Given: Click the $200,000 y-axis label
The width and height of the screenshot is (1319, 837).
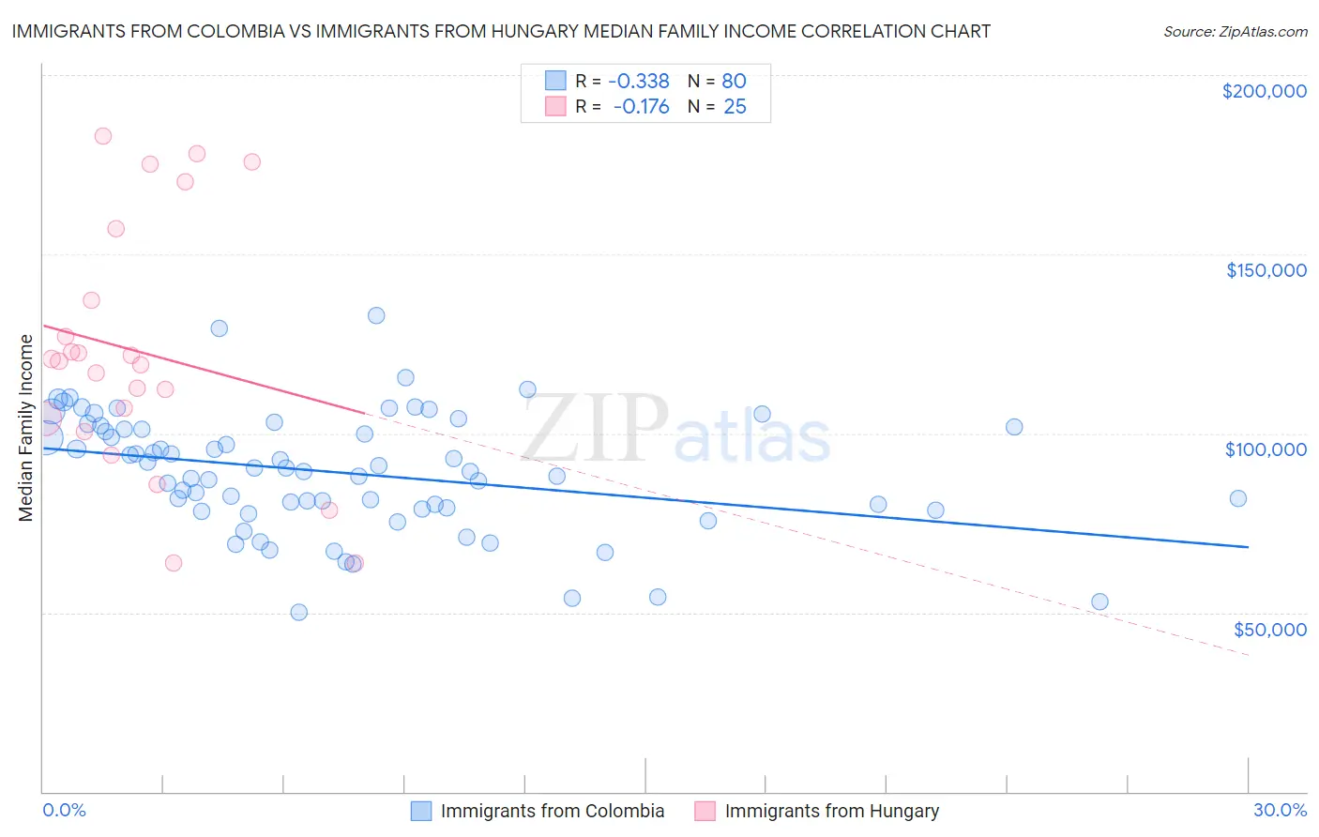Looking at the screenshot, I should tap(1264, 91).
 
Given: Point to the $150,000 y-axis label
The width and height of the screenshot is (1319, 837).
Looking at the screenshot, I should tap(1266, 270).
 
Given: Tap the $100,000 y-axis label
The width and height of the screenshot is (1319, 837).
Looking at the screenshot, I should tap(1266, 449).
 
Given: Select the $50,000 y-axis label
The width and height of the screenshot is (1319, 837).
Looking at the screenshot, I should tap(1269, 629).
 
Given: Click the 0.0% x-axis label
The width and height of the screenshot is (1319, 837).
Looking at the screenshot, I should tap(64, 810).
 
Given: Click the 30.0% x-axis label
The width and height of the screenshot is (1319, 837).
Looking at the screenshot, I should tap(1280, 810).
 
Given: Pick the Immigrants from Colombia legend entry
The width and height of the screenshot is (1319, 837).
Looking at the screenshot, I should tap(552, 811).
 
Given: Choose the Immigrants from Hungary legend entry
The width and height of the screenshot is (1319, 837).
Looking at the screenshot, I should tap(831, 811).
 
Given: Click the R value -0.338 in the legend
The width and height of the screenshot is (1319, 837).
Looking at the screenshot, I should tap(639, 82).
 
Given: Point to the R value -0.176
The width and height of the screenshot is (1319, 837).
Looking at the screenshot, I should tap(641, 107).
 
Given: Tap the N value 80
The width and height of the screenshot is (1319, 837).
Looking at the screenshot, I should tap(734, 82).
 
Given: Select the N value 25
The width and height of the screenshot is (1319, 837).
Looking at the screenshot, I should tap(735, 107).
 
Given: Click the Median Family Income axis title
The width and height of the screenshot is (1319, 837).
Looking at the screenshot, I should tap(26, 428).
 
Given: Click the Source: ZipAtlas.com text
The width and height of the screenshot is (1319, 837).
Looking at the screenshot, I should tap(1235, 32).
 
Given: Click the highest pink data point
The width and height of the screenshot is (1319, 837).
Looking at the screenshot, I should tap(103, 136).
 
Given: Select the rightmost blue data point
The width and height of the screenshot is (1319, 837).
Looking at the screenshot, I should tap(1238, 498).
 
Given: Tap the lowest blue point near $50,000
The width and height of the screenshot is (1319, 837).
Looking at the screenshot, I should tap(298, 612).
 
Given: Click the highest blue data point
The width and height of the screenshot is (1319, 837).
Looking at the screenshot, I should tap(376, 315).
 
